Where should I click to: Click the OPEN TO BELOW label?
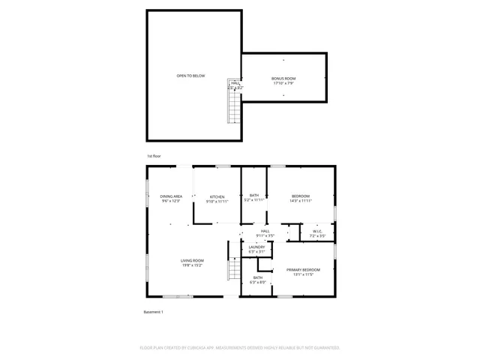[x=190, y=76]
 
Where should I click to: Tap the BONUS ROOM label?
[x=283, y=79]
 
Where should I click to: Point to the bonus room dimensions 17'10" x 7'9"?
[x=283, y=83]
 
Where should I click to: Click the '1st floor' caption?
[x=153, y=156]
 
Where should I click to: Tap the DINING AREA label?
[x=171, y=196]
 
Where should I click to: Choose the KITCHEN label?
[x=217, y=197]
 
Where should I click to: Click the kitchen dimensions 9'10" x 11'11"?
[x=217, y=202]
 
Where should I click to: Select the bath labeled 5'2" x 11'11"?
[x=254, y=198]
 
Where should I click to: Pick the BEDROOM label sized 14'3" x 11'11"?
[x=301, y=196]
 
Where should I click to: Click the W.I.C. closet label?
[x=317, y=231]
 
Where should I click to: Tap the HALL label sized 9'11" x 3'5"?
[x=265, y=232]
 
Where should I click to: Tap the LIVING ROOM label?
[x=192, y=260]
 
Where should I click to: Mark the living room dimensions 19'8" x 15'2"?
[x=192, y=265]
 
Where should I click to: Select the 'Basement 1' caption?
[x=153, y=311]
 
